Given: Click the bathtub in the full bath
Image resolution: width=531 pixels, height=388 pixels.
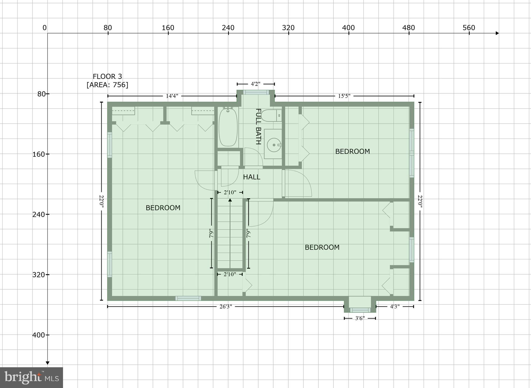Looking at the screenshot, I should click(228, 127).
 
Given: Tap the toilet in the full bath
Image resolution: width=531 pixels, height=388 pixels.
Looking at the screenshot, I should click(271, 116).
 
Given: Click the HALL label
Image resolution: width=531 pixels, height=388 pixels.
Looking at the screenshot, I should click(251, 177).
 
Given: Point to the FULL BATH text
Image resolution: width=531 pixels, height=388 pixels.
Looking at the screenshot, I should click(258, 126).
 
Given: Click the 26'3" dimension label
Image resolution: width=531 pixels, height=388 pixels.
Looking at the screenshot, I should click(226, 306).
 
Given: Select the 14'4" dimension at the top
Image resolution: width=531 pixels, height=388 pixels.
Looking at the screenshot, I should click(172, 96).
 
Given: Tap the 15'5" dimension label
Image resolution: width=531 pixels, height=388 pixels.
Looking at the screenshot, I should click(344, 96).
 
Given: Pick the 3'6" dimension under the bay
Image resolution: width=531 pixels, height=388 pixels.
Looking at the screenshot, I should click(360, 318).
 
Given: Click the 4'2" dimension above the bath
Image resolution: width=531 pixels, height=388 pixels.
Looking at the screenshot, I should click(255, 84).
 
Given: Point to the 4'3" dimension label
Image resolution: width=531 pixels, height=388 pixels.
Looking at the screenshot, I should click(395, 306).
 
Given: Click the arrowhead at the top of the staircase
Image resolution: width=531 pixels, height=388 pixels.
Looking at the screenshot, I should click(230, 200).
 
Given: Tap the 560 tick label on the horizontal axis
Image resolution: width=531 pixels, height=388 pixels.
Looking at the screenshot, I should click(469, 28).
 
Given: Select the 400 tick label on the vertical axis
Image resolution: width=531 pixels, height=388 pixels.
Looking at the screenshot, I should click(39, 335).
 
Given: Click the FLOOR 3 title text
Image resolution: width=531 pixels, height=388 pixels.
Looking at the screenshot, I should click(107, 77).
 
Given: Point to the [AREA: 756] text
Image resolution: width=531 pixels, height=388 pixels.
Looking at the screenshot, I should click(107, 85).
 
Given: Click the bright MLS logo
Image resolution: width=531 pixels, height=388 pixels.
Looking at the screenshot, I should click(31, 377).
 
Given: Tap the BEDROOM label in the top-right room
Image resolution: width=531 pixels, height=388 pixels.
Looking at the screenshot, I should click(352, 151).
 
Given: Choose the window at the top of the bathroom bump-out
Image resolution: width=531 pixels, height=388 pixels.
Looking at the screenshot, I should click(256, 92).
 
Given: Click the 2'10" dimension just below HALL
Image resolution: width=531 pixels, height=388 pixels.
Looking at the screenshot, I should click(230, 192).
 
